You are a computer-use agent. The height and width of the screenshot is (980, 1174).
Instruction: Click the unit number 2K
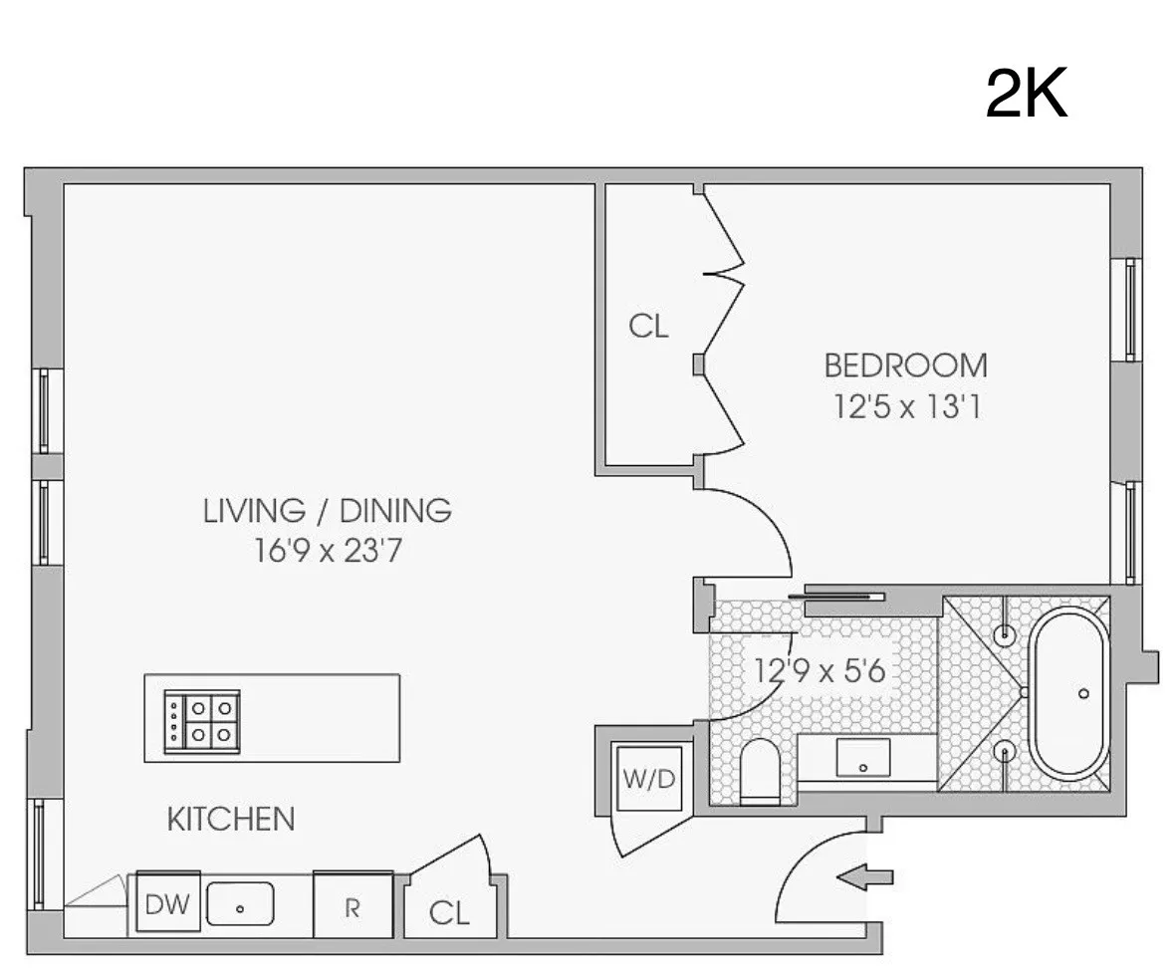click(1026, 96)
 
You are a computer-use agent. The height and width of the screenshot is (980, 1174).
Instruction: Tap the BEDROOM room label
click(905, 366)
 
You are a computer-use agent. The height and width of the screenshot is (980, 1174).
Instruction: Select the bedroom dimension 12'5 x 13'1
click(904, 407)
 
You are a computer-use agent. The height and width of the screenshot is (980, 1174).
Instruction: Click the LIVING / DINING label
click(328, 511)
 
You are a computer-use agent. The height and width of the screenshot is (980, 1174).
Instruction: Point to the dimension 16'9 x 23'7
click(328, 551)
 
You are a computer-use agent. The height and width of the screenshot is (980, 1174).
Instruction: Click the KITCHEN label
click(230, 820)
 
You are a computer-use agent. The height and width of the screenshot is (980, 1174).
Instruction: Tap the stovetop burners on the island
click(202, 718)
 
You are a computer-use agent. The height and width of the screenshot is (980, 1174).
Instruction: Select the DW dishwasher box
click(167, 904)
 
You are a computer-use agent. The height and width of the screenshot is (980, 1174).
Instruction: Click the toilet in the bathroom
click(764, 772)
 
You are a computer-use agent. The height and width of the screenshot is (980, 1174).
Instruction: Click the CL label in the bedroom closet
click(648, 326)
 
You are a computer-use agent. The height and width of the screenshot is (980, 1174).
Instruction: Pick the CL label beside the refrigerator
click(448, 913)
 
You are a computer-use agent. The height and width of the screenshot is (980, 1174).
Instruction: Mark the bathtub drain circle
click(1083, 693)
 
